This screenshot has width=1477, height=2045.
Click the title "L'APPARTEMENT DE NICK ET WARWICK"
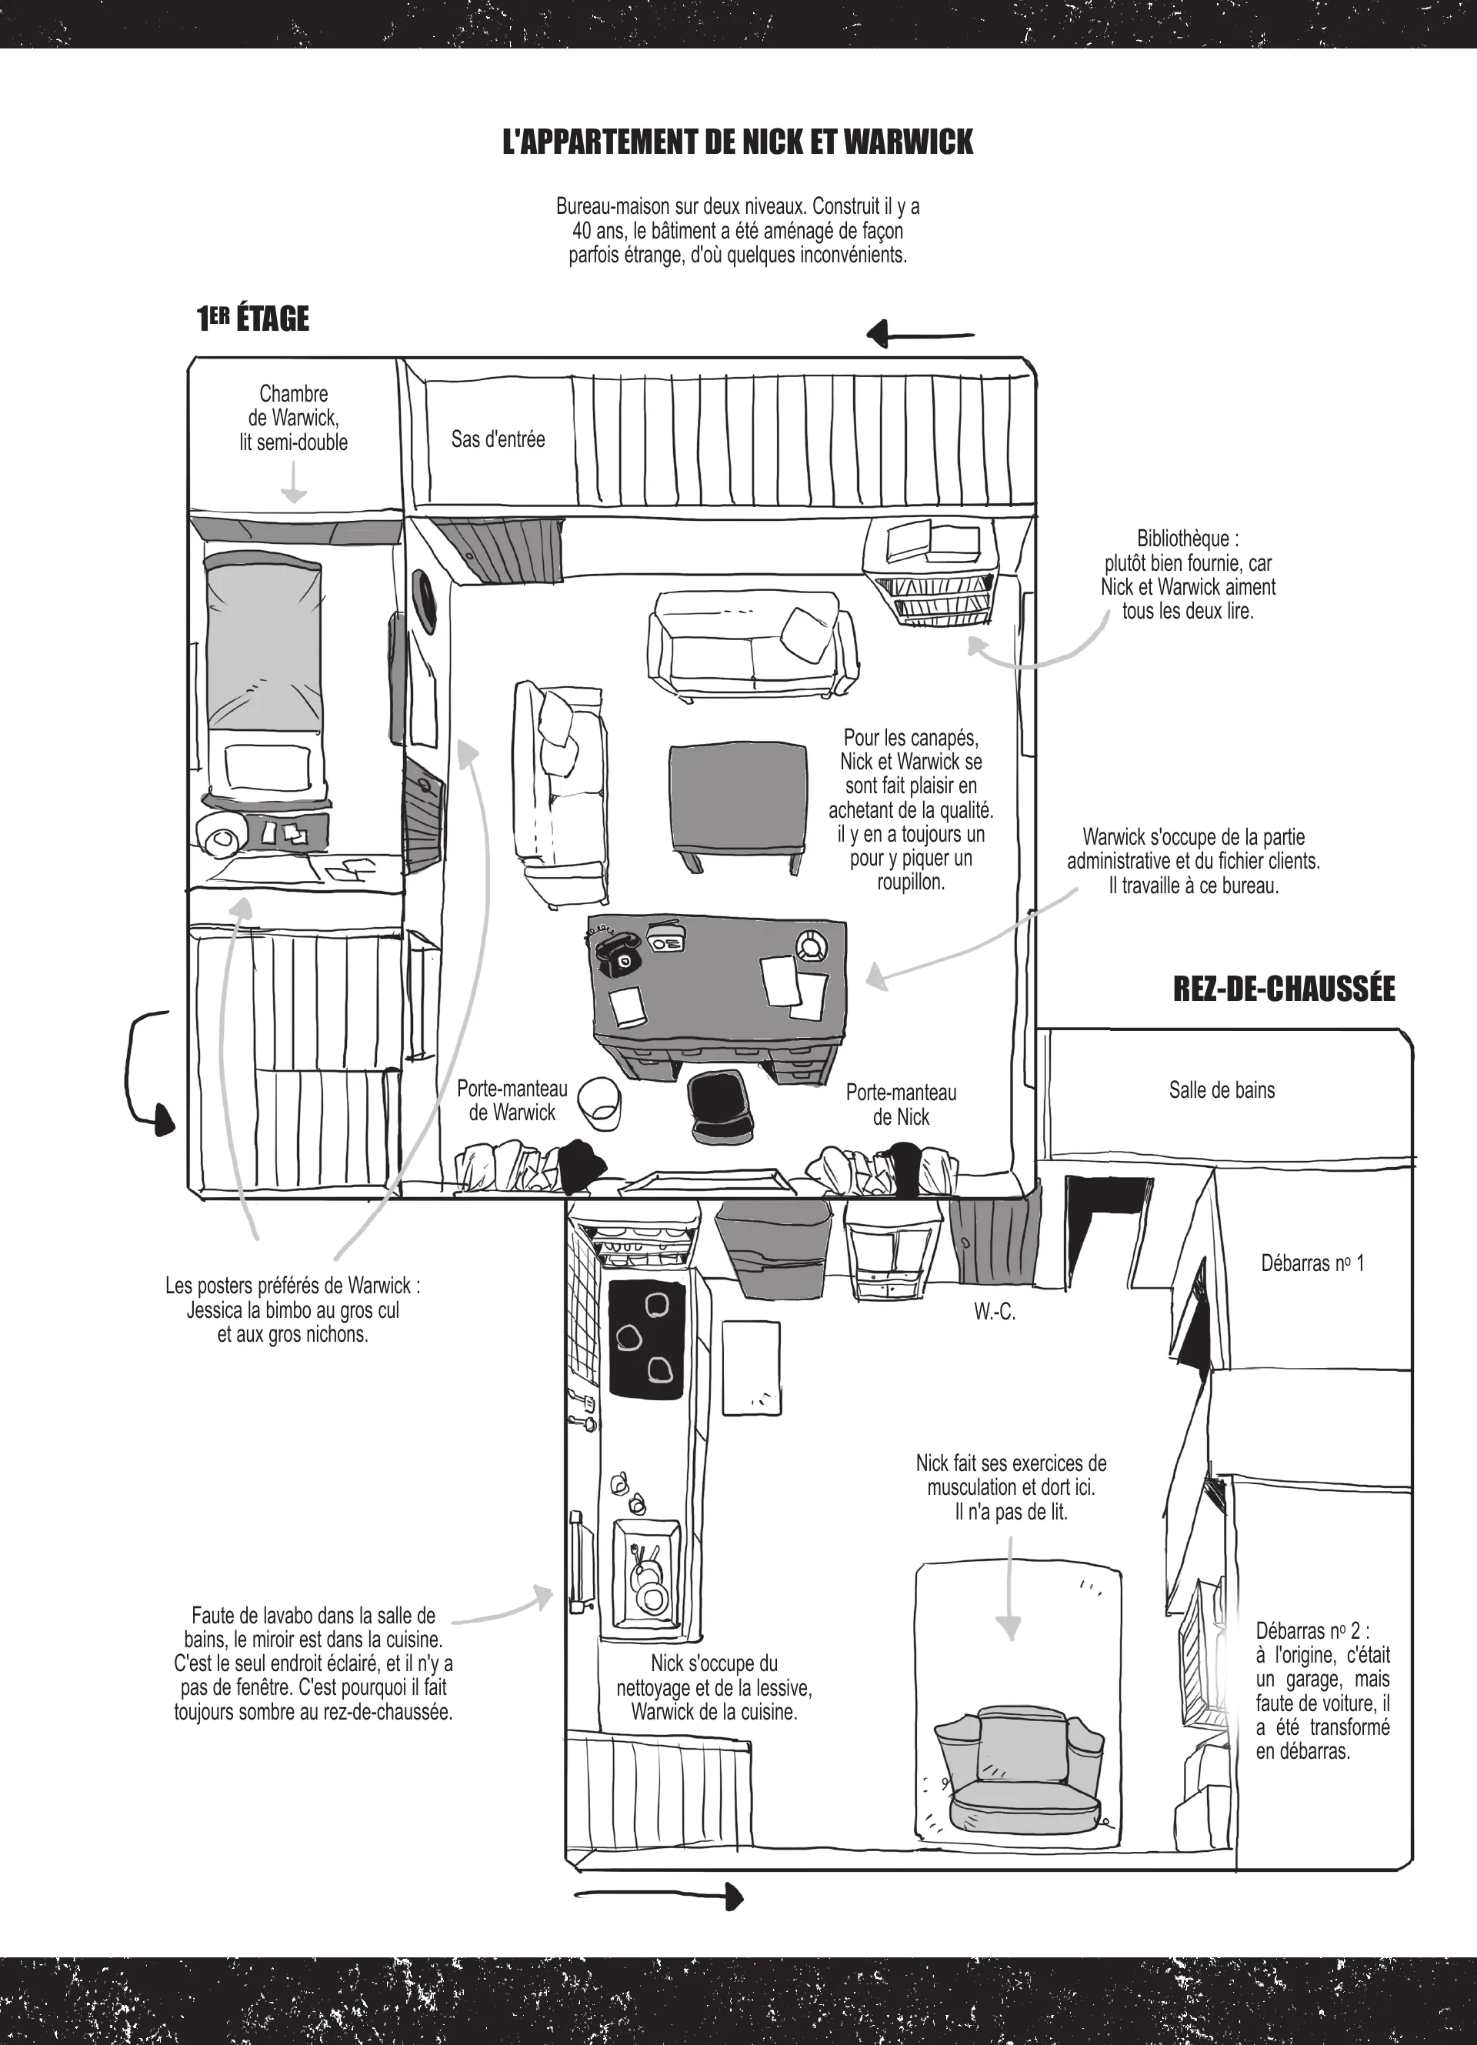pyautogui.click(x=738, y=142)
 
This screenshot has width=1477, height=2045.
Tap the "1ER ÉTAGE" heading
pyautogui.click(x=253, y=319)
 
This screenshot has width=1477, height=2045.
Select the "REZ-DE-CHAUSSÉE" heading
pyautogui.click(x=1284, y=989)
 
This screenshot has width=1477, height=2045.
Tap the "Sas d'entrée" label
pyautogui.click(x=498, y=440)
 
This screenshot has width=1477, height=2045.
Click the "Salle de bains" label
pyautogui.click(x=1222, y=1090)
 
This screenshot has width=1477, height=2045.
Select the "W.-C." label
pyautogui.click(x=995, y=1313)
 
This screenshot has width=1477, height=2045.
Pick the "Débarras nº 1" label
pyautogui.click(x=1312, y=1263)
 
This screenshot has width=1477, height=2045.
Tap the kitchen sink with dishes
pyautogui.click(x=646, y=1573)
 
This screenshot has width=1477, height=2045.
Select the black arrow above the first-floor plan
pyautogui.click(x=921, y=335)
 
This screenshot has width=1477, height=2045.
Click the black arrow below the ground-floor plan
pyautogui.click(x=659, y=1897)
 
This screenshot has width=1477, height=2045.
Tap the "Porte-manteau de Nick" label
pyautogui.click(x=901, y=1105)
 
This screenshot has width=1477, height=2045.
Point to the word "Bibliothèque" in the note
pyautogui.click(x=1183, y=539)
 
